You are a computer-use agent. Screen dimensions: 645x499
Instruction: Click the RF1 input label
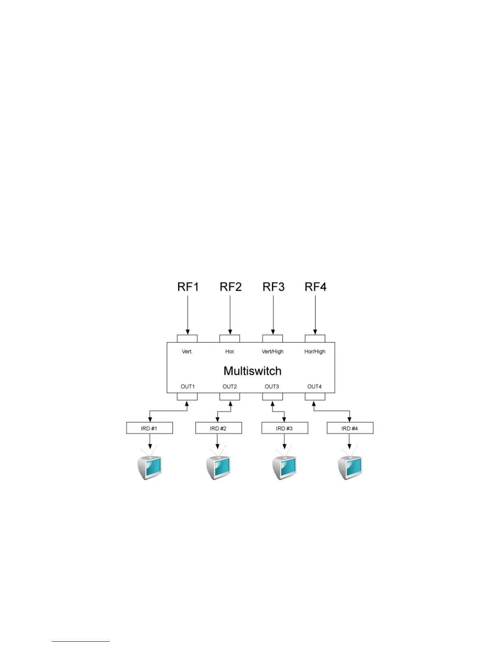188,287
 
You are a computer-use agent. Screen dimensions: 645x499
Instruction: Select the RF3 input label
273,287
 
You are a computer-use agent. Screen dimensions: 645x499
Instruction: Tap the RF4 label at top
316,287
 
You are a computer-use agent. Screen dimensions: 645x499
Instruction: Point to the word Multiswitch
252,371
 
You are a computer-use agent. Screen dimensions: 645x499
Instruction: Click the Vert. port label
187,351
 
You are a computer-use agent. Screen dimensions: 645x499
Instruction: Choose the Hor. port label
230,351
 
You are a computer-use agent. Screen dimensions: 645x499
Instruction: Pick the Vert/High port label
272,351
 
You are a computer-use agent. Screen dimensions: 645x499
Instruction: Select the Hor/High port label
315,351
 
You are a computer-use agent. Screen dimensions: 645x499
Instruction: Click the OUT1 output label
188,386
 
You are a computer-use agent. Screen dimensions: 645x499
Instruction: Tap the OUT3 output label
272,386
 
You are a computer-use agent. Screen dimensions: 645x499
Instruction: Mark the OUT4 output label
314,386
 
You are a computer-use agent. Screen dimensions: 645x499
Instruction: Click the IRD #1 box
150,428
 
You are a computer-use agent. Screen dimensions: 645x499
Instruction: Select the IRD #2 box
219,428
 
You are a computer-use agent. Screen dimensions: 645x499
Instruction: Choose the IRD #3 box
285,428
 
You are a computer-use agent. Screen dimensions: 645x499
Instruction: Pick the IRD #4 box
350,428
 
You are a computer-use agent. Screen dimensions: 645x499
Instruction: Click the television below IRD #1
150,467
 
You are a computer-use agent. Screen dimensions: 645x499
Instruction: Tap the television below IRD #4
350,467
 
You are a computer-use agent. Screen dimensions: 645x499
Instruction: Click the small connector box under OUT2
230,397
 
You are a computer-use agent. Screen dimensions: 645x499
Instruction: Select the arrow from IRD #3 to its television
285,441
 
